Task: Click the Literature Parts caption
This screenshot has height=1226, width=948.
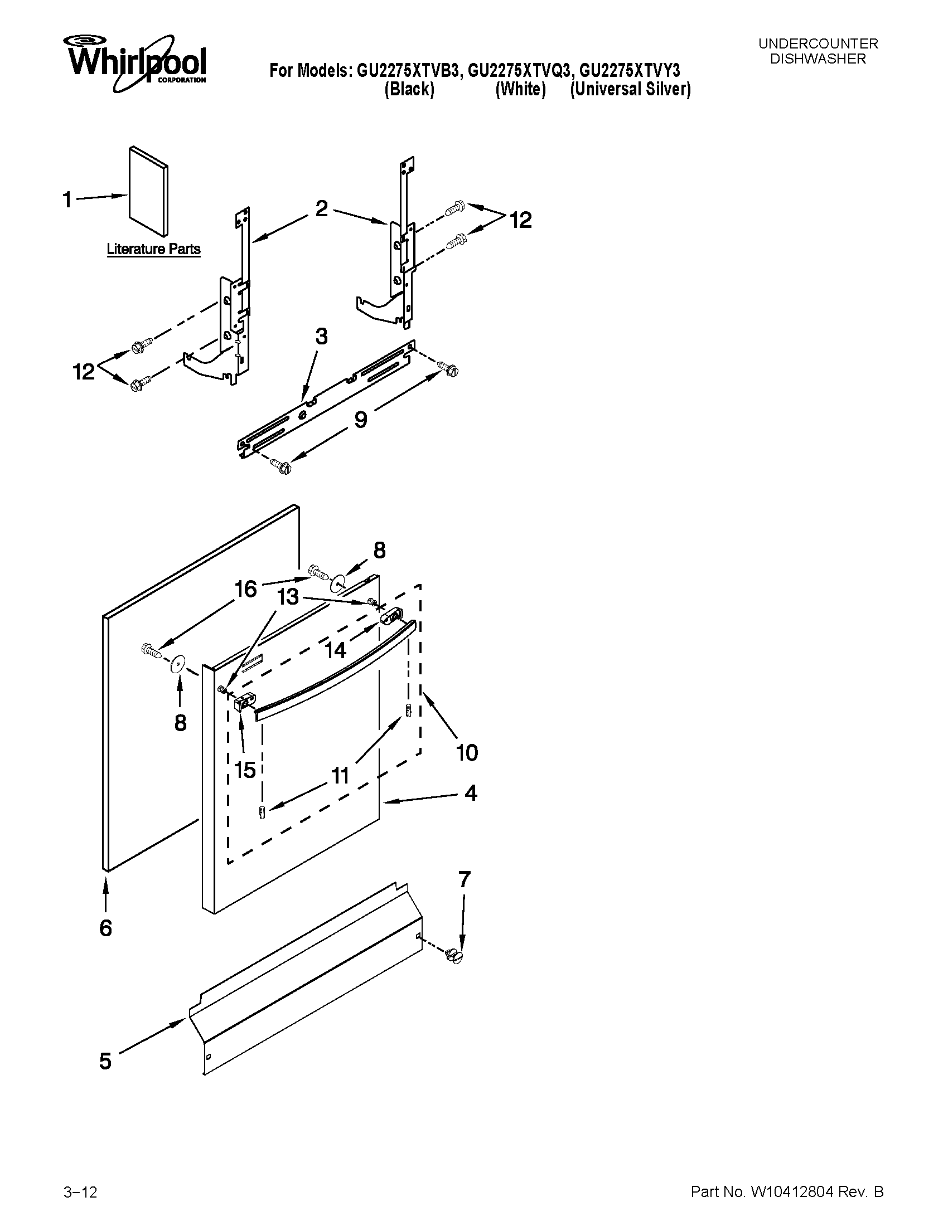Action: tap(153, 249)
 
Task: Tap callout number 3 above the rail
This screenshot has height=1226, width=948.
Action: tap(321, 337)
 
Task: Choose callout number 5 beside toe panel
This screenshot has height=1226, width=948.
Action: tap(105, 1061)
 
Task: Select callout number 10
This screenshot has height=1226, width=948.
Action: tap(467, 752)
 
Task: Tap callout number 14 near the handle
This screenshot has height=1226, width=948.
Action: tap(335, 650)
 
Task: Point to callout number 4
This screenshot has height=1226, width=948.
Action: tap(471, 793)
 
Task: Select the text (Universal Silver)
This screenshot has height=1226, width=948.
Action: tap(630, 89)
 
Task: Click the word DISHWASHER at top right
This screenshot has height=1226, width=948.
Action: tap(818, 59)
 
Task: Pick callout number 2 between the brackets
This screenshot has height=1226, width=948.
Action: tap(321, 208)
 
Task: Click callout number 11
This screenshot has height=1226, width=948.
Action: tap(340, 776)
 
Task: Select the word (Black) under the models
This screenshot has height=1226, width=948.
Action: tap(409, 89)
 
